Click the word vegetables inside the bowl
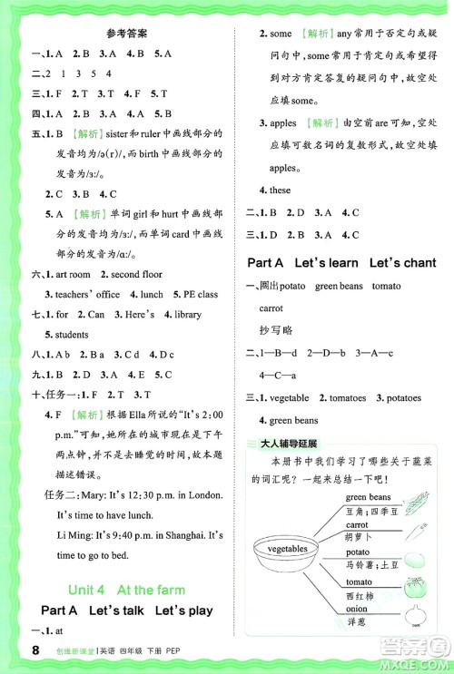289,549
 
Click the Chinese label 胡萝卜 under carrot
360,538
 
